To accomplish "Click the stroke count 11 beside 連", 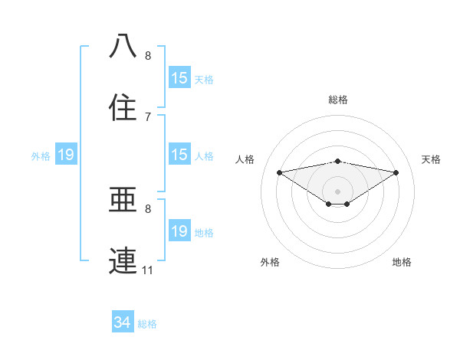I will tap(147, 270).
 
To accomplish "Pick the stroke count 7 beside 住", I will tap(147, 116).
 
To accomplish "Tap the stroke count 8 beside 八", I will tap(147, 55).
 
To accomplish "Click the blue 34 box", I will tap(123, 323).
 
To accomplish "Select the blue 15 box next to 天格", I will tap(179, 78).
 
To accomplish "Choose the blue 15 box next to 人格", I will tap(179, 155).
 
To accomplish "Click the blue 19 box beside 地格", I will tap(179, 231).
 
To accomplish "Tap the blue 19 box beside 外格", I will tap(66, 155).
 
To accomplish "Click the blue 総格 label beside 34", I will tap(148, 324).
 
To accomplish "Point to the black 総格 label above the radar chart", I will tap(337, 100).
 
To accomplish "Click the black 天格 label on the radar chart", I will tap(432, 159).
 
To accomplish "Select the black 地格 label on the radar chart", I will tap(402, 262).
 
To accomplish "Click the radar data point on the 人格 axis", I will tap(279, 172).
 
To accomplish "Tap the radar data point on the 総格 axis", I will tap(337, 161).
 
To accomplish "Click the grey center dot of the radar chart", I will tap(337, 191).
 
